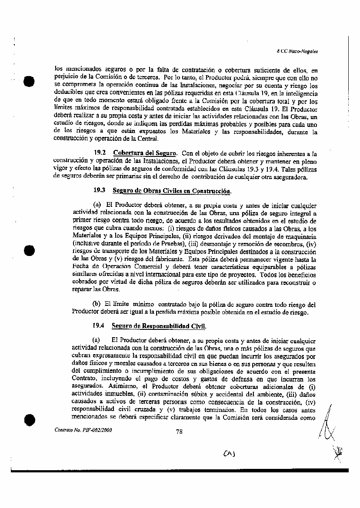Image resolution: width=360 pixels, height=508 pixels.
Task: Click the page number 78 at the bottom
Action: pos(179,431)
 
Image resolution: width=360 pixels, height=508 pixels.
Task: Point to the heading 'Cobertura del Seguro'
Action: pos(145,153)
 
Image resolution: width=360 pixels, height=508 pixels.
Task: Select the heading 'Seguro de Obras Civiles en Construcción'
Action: pos(172,191)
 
